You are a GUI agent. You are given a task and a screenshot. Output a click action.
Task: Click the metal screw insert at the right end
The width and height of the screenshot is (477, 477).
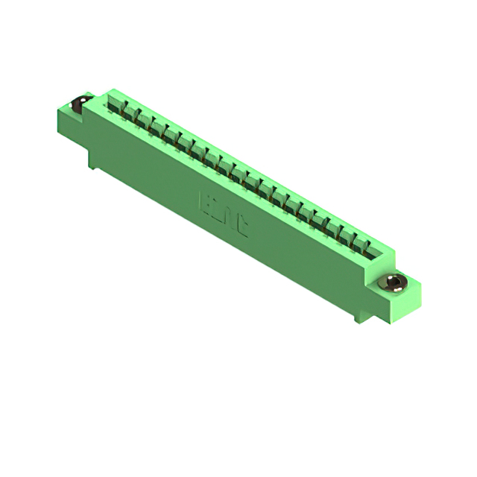pos(394,282)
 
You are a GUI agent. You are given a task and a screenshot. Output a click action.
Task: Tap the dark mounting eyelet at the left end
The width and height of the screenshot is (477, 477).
pos(77,106)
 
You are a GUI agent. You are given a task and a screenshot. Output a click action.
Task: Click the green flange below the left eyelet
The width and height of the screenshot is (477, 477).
pos(78,127)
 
